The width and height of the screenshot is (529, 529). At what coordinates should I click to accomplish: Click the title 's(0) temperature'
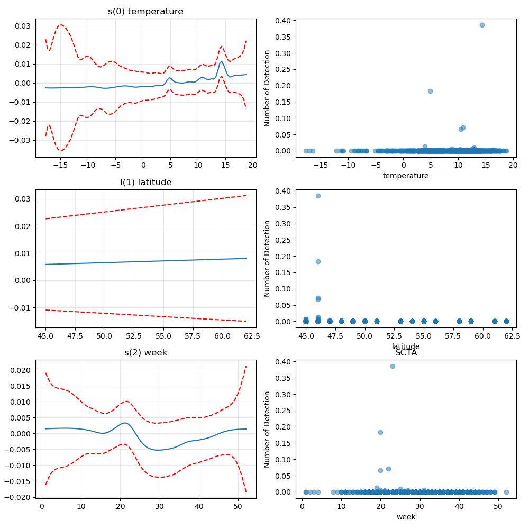coord(145,11)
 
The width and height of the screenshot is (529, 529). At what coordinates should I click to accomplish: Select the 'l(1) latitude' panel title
coord(146,182)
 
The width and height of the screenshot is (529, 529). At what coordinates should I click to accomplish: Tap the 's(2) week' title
coord(146,352)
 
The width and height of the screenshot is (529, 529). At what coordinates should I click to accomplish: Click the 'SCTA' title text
coord(406,352)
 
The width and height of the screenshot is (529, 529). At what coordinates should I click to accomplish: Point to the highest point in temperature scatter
coord(482,25)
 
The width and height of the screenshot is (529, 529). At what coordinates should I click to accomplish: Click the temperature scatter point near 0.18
coord(430,91)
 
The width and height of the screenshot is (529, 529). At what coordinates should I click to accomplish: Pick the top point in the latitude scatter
coord(318,196)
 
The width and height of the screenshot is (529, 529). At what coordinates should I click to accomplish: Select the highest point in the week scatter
coord(393,366)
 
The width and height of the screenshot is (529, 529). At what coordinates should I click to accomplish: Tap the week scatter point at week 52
coord(506,492)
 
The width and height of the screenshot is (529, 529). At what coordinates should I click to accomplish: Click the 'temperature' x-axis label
coord(406,176)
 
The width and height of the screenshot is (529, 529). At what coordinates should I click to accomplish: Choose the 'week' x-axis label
coord(406,516)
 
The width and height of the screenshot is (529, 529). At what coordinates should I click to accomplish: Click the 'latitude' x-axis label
coord(406,346)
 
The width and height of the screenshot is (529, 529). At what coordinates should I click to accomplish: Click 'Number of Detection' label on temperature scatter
coord(267,88)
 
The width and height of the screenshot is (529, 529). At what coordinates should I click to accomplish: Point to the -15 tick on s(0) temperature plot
coord(60,165)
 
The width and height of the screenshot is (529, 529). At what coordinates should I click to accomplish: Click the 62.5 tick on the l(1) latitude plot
coord(252,336)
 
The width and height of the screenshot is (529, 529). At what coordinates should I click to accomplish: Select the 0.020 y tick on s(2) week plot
coord(20,370)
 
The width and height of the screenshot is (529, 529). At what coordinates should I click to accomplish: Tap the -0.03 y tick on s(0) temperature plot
coord(19,140)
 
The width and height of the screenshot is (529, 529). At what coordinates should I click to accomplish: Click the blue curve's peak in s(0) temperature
coord(221,62)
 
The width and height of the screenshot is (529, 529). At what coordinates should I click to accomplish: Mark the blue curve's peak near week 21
coord(125,423)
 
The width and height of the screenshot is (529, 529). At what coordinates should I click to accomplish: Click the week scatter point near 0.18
coord(380,432)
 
